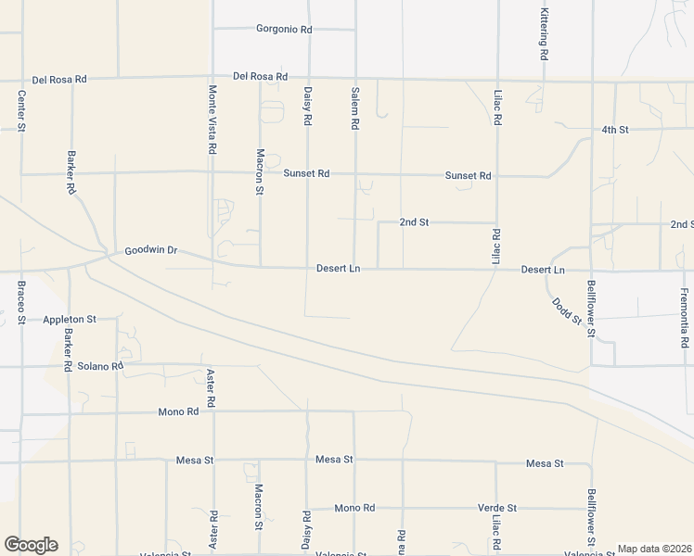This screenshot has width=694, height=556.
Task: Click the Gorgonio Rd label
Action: click(284, 30)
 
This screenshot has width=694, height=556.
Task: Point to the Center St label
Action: click(21, 109)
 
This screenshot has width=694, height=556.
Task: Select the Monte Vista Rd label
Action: click(212, 119)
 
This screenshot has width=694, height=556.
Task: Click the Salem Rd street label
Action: click(355, 109)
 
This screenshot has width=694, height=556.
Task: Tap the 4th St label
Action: click(614, 130)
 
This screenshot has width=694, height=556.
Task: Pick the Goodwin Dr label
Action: click(150, 251)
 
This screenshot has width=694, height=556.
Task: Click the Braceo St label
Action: click(21, 302)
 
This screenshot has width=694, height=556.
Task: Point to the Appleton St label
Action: click(70, 320)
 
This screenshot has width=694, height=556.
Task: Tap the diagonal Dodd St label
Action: click(566, 311)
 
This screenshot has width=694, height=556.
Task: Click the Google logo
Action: click(30, 545)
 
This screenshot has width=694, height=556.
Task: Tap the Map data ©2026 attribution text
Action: click(654, 549)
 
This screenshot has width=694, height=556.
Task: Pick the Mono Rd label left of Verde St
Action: click(354, 508)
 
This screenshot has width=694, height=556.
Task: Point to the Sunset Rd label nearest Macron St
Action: click(306, 173)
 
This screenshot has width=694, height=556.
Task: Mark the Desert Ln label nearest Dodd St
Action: click(543, 270)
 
